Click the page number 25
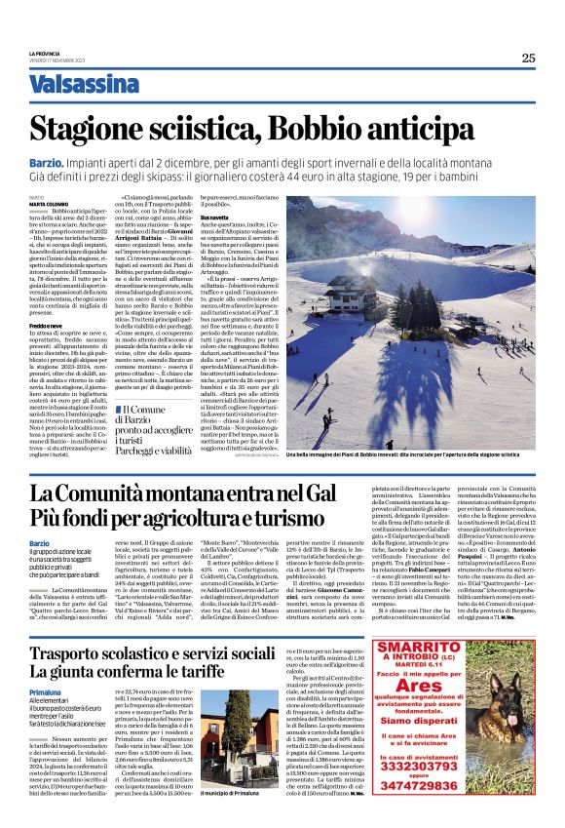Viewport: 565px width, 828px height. (x=527, y=58)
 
